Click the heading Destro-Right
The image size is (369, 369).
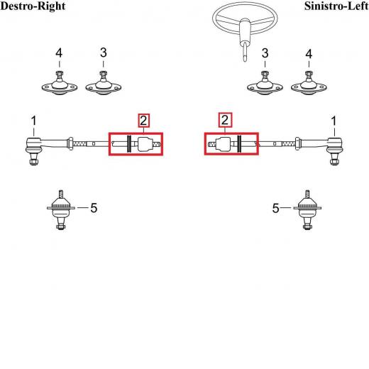[x=33, y=6]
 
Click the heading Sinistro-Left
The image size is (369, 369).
[x=336, y=6]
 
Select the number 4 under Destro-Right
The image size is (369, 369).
[x=59, y=53]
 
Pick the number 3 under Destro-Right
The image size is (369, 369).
[x=104, y=53]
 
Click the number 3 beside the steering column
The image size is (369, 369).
[x=265, y=53]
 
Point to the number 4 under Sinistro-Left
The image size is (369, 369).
[x=309, y=54]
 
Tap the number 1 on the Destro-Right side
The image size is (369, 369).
[x=34, y=121]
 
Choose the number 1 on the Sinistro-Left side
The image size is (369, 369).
[x=334, y=121]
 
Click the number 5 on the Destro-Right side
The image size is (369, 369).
[x=94, y=208]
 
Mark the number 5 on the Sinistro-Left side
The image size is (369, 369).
[x=276, y=208]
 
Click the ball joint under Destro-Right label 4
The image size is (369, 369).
[x=60, y=84]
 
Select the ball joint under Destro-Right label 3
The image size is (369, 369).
[x=104, y=84]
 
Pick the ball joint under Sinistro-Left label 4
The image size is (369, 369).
[x=309, y=84]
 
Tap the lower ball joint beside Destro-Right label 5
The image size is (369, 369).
[x=61, y=210]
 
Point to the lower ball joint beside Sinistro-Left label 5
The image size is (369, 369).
[x=307, y=210]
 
